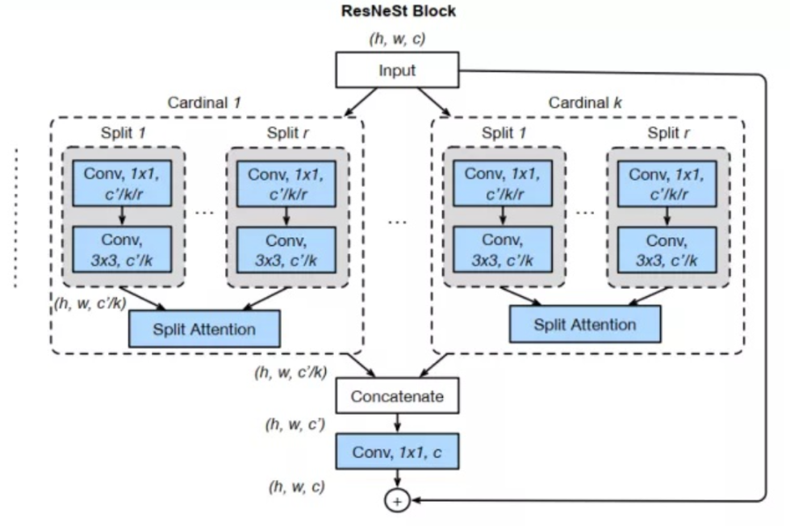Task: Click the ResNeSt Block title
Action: (398, 11)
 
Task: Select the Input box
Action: (397, 70)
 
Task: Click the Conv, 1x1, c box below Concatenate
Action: (397, 453)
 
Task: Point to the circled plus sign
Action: (397, 501)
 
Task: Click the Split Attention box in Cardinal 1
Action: (204, 328)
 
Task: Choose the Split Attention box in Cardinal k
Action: (584, 325)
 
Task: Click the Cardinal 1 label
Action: (204, 102)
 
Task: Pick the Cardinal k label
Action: (585, 102)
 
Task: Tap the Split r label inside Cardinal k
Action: (669, 133)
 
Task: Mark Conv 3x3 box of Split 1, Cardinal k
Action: (503, 249)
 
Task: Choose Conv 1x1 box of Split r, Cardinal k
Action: (667, 183)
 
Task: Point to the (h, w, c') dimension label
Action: (296, 424)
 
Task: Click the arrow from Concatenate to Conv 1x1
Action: (397, 424)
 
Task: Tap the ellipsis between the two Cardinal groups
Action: (397, 220)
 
